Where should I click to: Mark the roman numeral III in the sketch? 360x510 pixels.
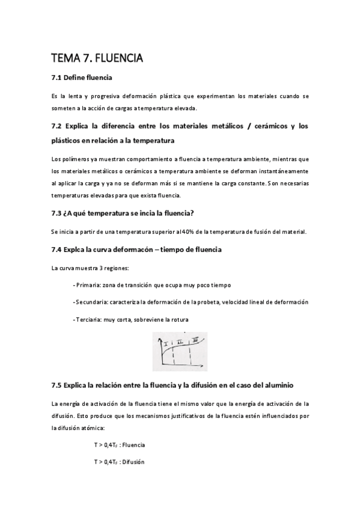195,340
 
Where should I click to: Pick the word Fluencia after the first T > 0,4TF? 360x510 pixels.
133,445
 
